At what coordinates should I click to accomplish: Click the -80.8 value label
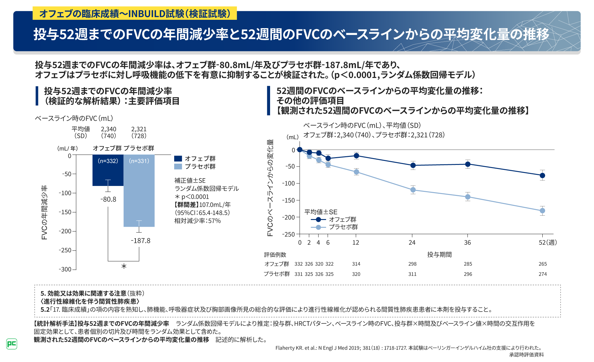pyautogui.click(x=108, y=199)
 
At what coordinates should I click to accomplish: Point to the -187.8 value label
pyautogui.click(x=140, y=241)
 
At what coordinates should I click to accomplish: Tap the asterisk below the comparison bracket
pyautogui.click(x=124, y=266)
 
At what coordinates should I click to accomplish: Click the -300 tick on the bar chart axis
pyautogui.click(x=65, y=269)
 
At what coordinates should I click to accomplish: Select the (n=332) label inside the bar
pyautogui.click(x=108, y=161)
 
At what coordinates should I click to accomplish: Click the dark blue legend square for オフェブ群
pyautogui.click(x=178, y=158)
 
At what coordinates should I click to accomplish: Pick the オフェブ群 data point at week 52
pyautogui.click(x=542, y=175)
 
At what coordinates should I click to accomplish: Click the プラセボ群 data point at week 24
pyautogui.click(x=413, y=190)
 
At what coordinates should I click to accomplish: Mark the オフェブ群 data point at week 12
pyautogui.click(x=356, y=156)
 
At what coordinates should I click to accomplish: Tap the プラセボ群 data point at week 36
pyautogui.click(x=468, y=197)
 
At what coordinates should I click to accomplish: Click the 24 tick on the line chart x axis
pyautogui.click(x=412, y=243)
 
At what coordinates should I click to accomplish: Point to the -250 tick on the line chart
pyautogui.click(x=288, y=234)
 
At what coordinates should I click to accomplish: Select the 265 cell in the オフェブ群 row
pyautogui.click(x=543, y=264)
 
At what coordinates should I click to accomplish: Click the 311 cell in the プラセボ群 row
pyautogui.click(x=412, y=274)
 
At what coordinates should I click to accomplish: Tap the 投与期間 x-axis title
pyautogui.click(x=439, y=255)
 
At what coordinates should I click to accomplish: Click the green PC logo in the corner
pyautogui.click(x=12, y=344)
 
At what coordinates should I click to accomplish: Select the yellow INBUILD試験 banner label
pyautogui.click(x=135, y=14)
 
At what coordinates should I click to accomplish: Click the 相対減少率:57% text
pyautogui.click(x=197, y=221)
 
